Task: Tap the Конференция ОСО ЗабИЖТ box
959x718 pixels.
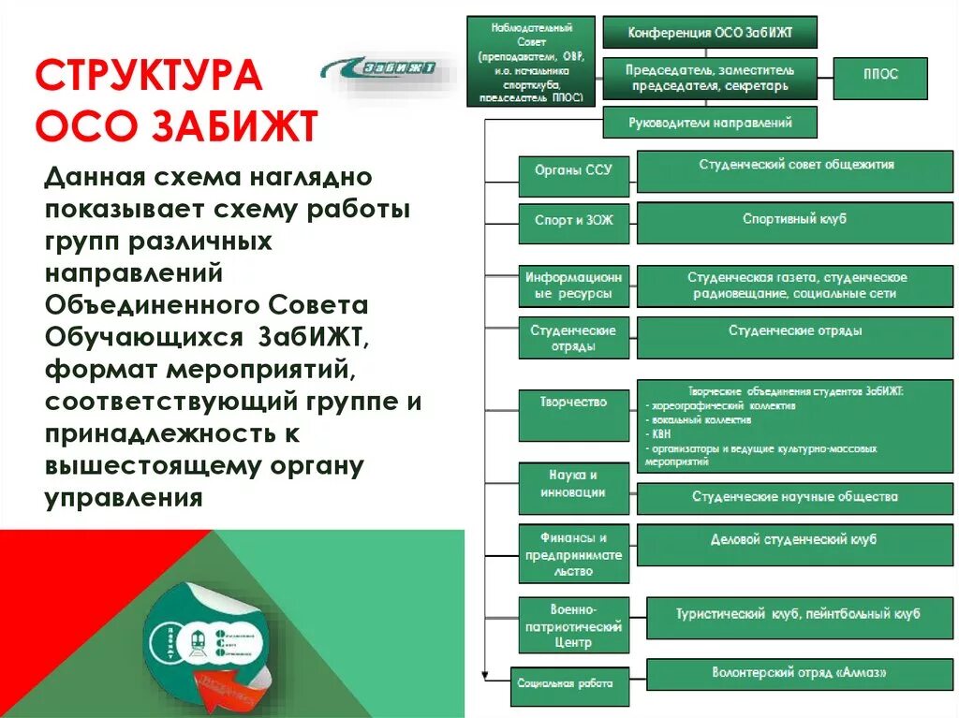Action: click(710, 32)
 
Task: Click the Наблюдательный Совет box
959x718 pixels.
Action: click(530, 62)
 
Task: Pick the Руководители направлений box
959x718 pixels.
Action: click(710, 123)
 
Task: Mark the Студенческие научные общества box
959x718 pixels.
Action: click(794, 496)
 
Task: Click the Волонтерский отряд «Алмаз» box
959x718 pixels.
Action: click(799, 674)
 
